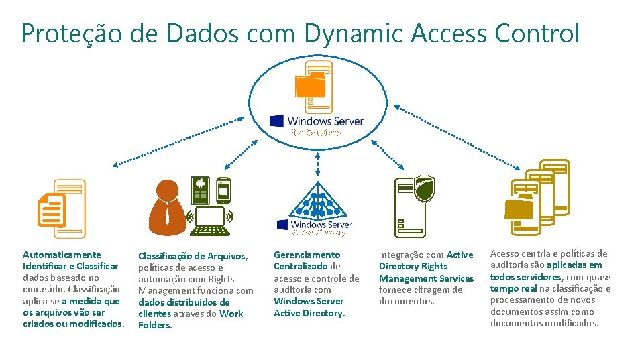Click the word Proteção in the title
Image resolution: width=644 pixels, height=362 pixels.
70,34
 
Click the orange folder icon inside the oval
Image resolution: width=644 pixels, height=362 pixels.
310,86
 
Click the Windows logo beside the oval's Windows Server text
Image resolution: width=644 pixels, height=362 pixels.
276,121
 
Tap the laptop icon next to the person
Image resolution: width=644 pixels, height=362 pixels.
210,222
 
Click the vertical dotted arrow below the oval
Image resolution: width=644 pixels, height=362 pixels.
316,158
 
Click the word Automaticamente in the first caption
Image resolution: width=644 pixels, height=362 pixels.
62,255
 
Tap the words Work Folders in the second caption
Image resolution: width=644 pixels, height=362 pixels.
191,320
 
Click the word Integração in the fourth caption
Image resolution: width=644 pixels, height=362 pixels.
401,255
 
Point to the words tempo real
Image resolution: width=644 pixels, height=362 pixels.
514,288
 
